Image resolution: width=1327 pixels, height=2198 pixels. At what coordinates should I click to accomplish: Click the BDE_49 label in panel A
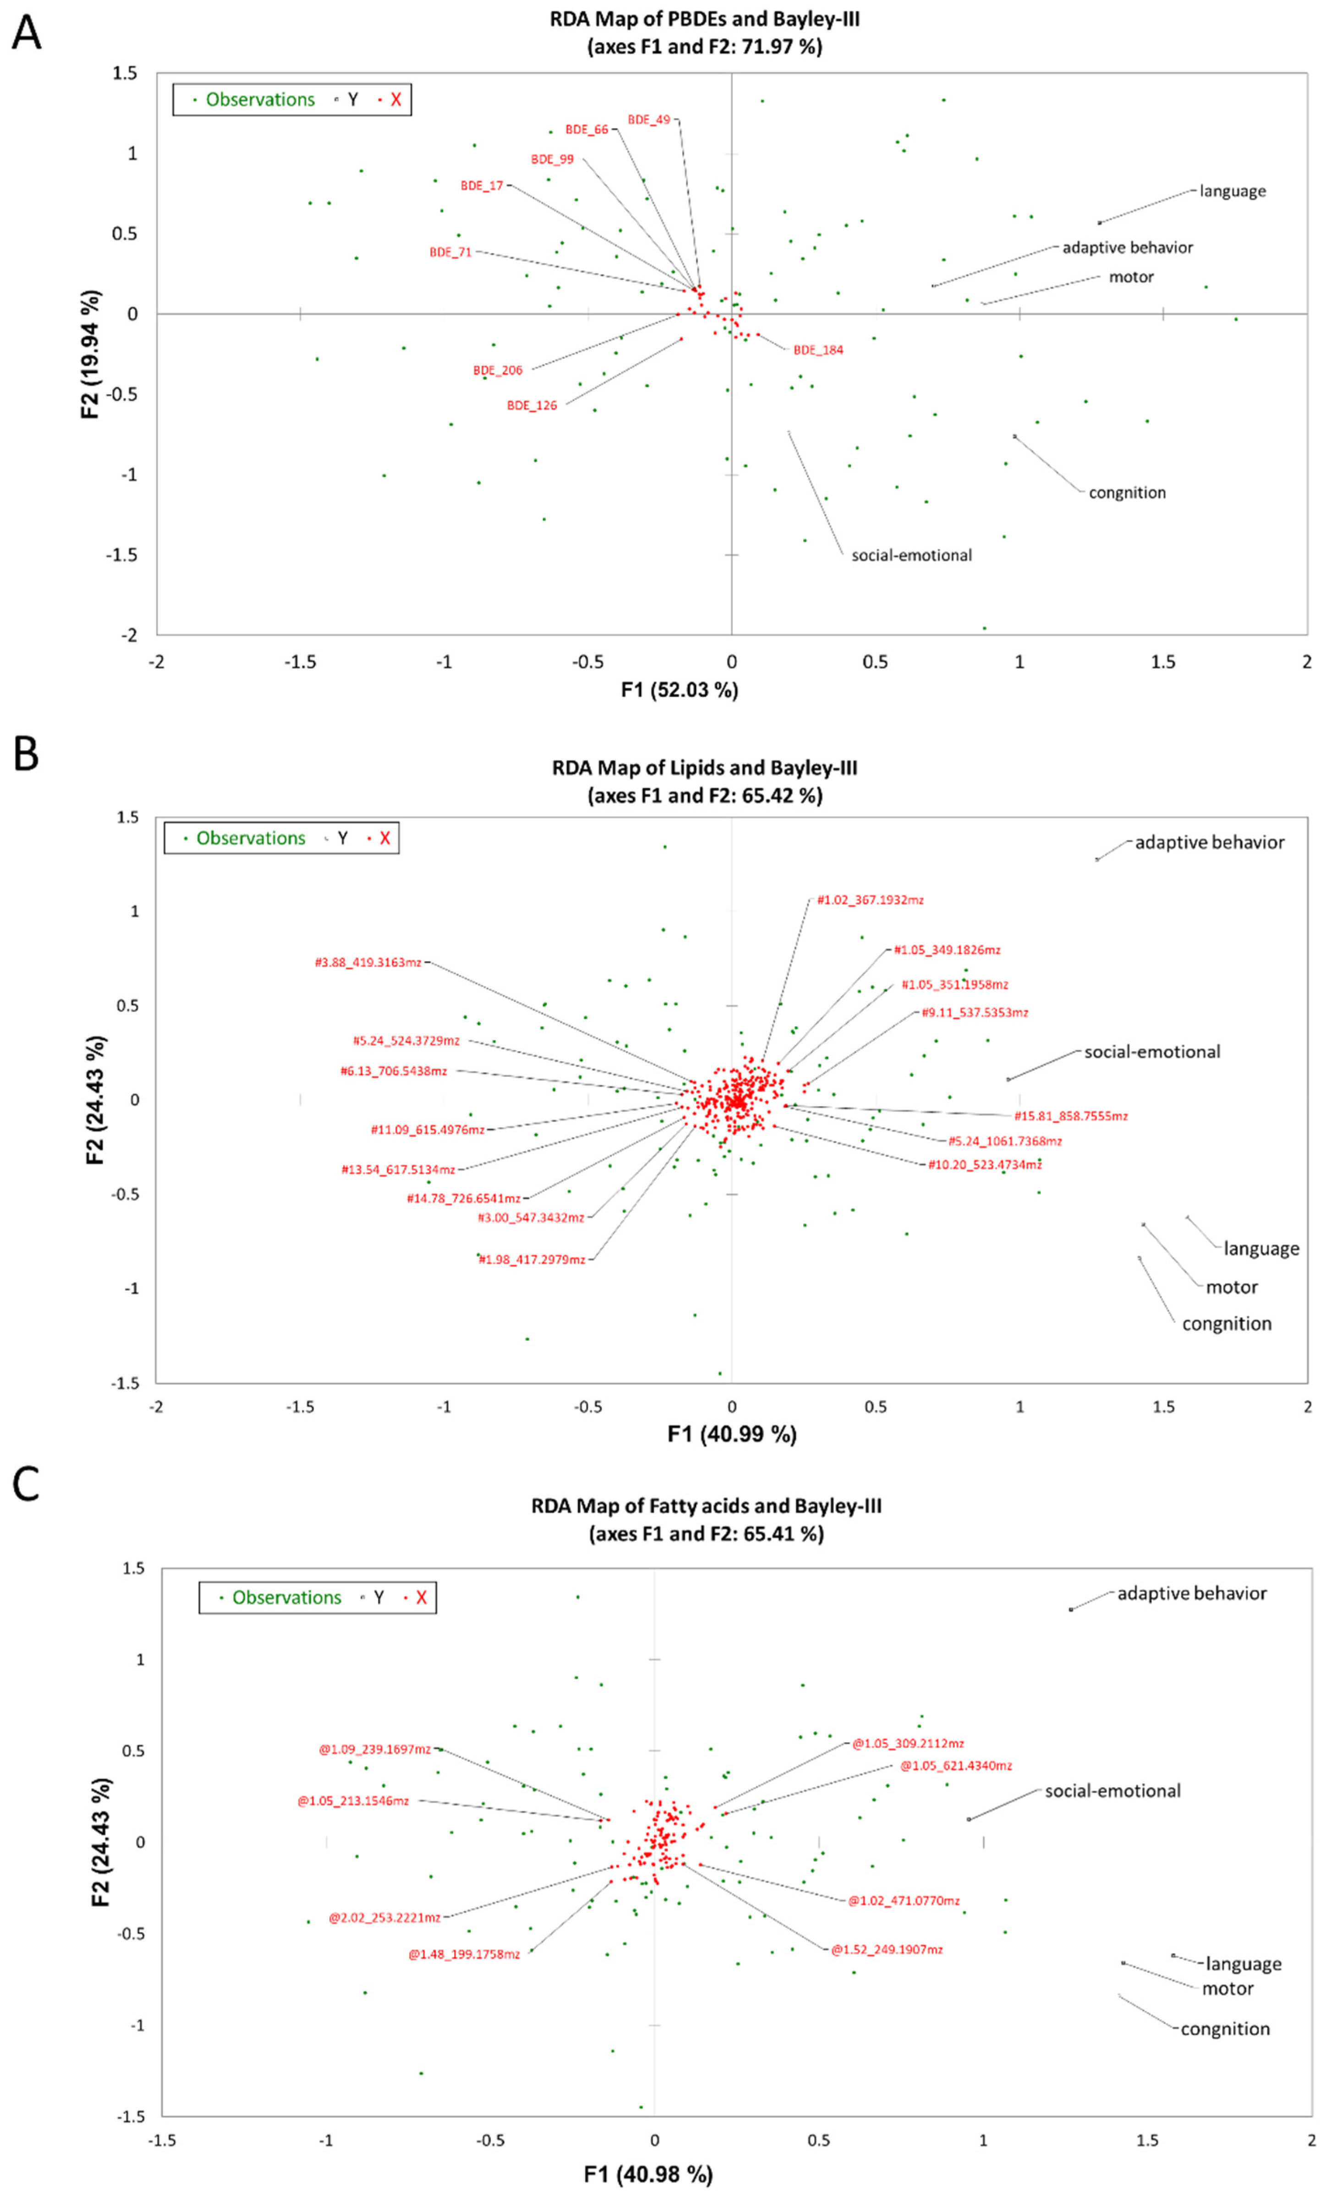(x=649, y=120)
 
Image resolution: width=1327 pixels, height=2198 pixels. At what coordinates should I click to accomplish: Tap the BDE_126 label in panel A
(x=532, y=405)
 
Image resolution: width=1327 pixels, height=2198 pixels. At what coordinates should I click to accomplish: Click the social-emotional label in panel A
(x=911, y=555)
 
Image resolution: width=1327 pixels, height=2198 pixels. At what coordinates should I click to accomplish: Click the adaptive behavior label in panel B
(x=1209, y=842)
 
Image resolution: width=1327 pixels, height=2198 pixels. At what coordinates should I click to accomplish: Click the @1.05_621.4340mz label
(x=956, y=1765)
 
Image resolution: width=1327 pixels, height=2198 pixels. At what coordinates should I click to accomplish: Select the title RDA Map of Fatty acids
(x=706, y=1507)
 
